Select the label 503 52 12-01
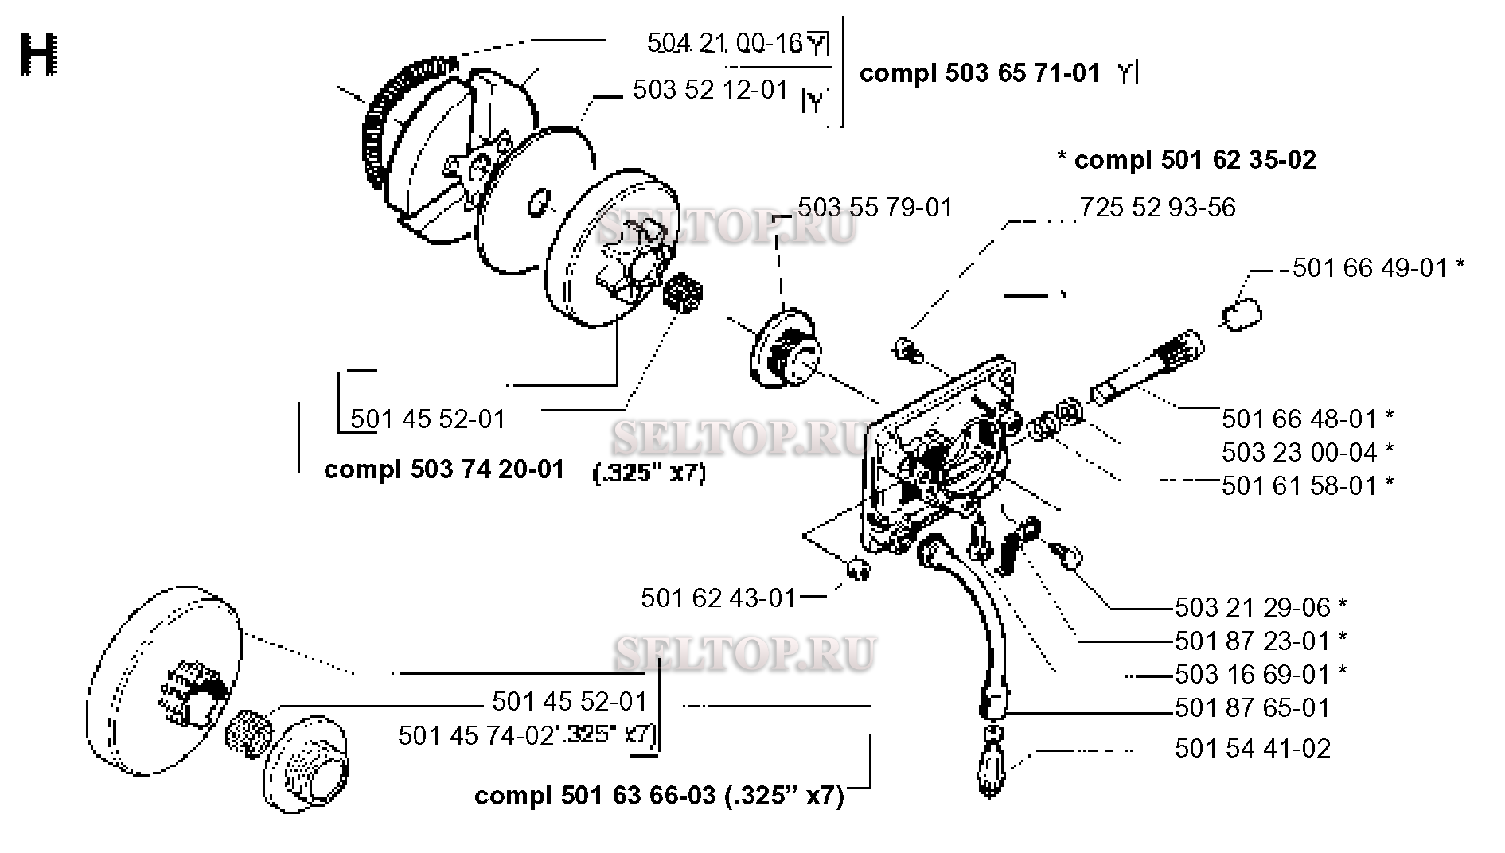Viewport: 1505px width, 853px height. point(710,89)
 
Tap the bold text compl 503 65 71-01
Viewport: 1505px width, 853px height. point(980,74)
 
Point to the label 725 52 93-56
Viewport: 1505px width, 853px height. point(1157,208)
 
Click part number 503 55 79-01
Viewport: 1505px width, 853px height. point(875,208)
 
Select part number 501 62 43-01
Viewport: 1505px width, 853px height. point(718,598)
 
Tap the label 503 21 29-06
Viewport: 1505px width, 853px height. point(1252,608)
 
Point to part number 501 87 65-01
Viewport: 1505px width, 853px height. point(1252,708)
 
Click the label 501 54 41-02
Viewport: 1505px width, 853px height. point(1252,749)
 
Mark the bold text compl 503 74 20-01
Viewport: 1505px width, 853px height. point(444,469)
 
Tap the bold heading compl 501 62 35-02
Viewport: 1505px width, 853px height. point(1186,160)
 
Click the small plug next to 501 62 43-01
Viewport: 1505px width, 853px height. point(856,570)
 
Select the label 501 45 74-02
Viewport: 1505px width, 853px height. point(475,736)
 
